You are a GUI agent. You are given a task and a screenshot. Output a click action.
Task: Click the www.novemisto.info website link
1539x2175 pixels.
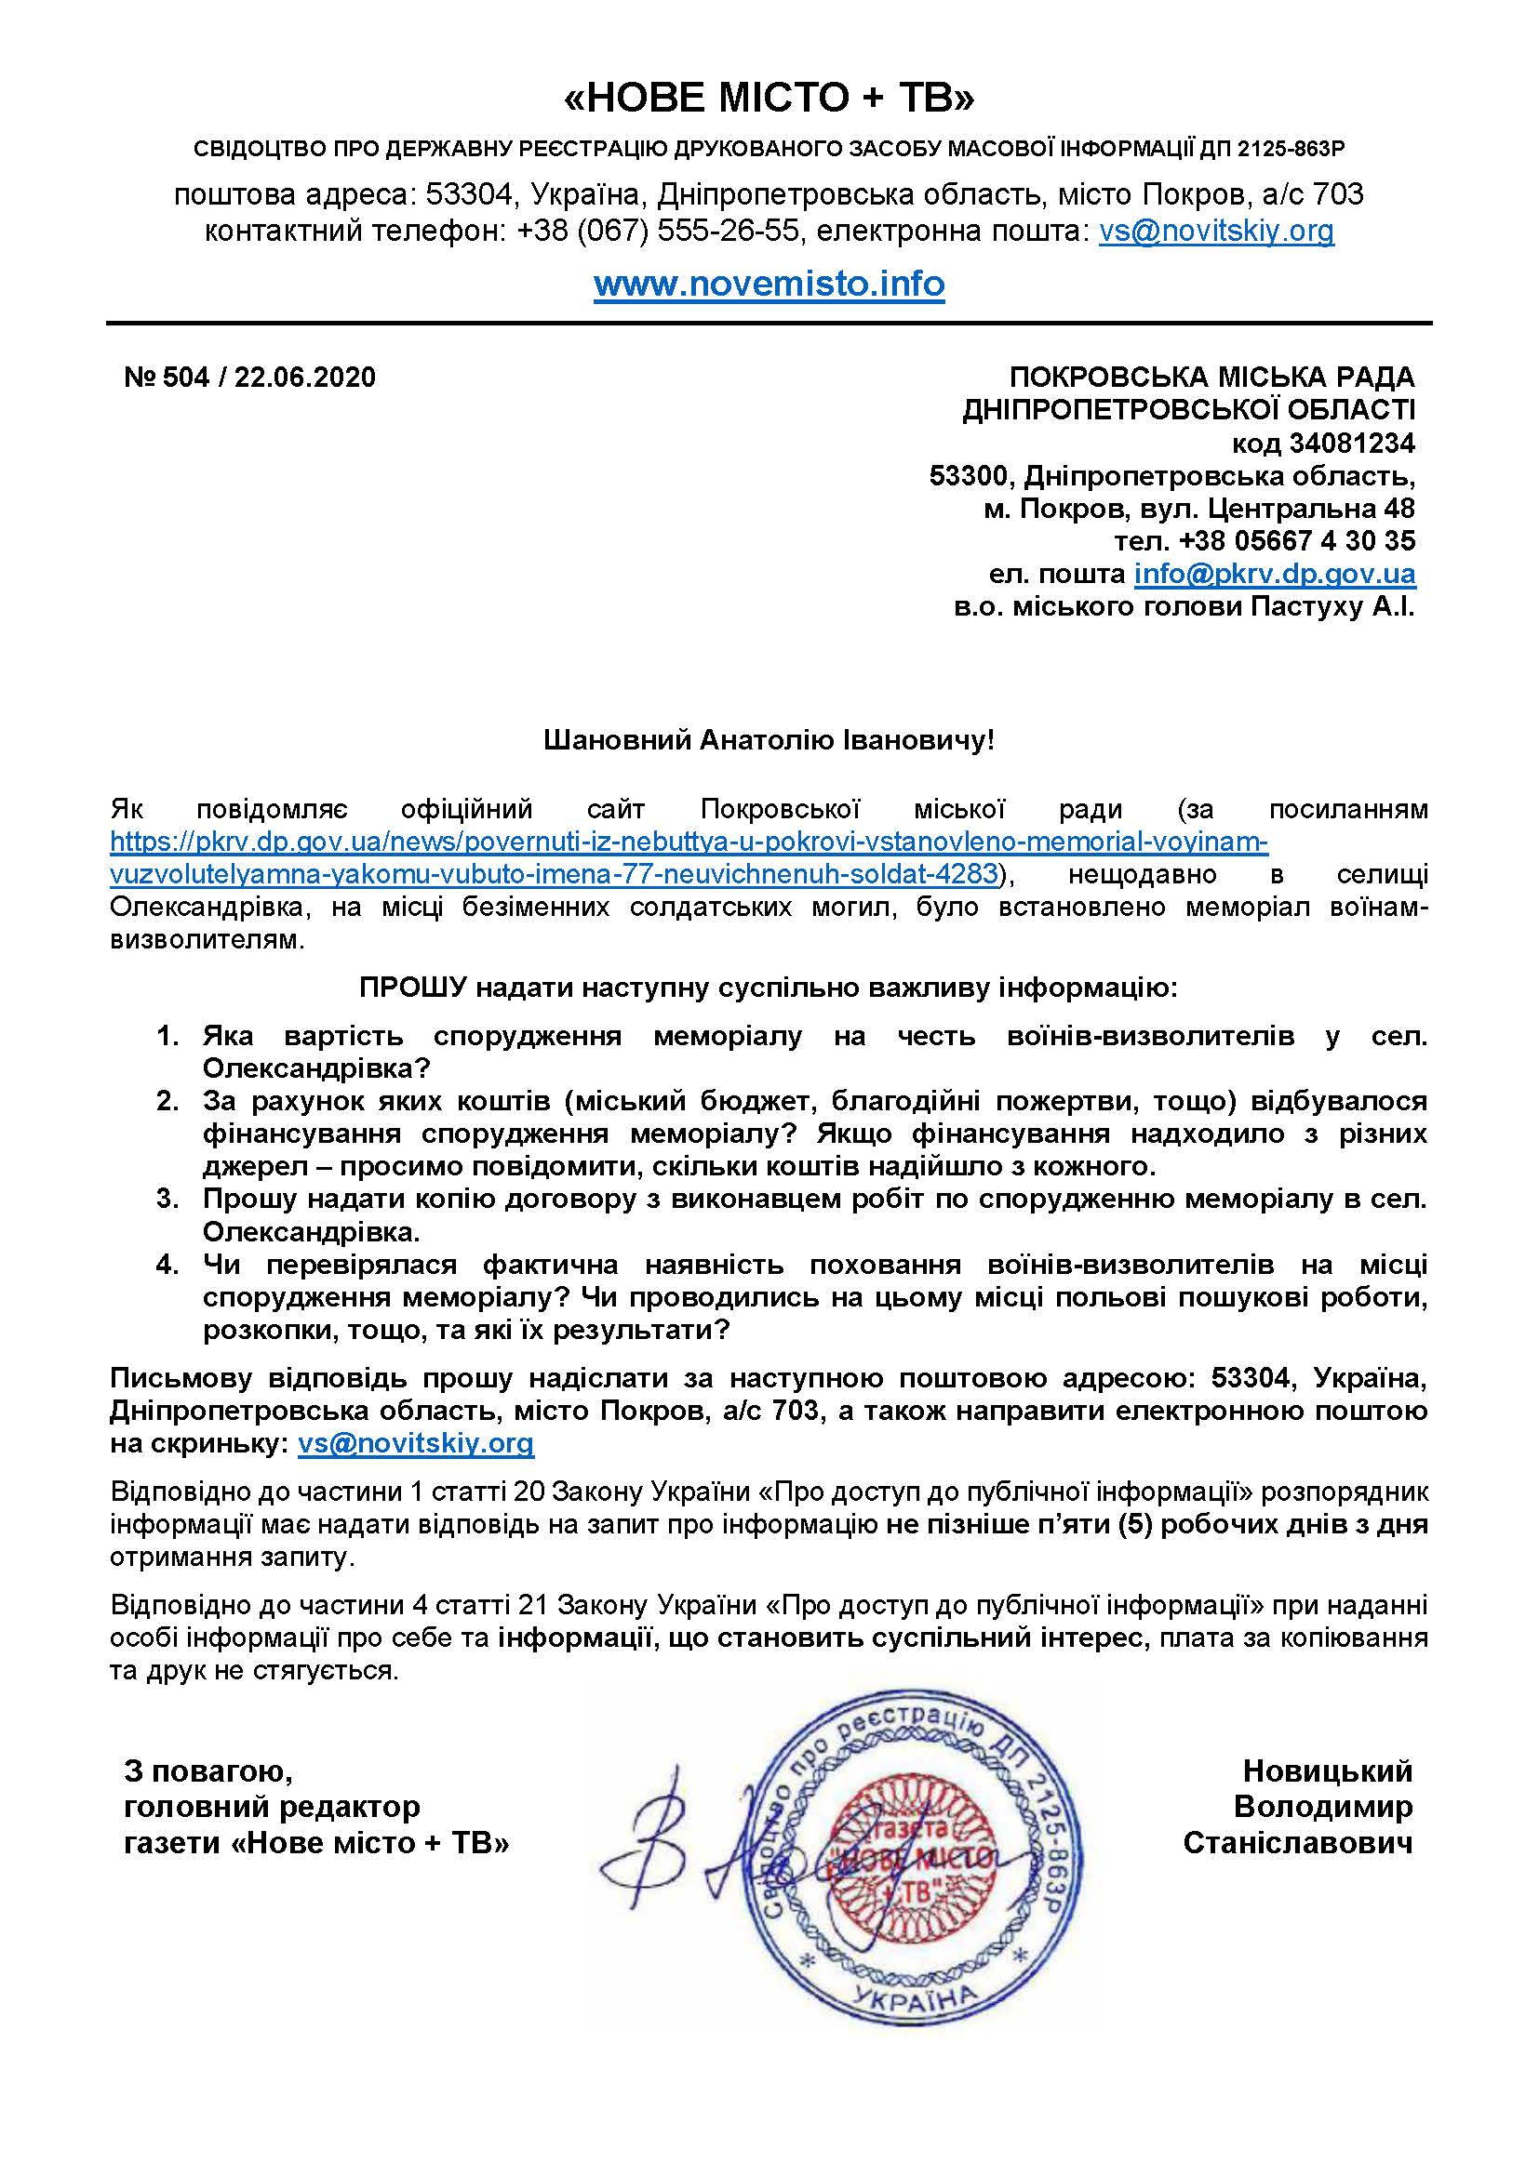(769, 284)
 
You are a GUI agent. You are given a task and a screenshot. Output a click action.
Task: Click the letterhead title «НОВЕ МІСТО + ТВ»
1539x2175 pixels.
(769, 99)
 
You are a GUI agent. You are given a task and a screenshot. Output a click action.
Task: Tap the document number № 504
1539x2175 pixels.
(166, 377)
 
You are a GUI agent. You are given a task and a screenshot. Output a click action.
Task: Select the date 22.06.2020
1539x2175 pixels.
(305, 377)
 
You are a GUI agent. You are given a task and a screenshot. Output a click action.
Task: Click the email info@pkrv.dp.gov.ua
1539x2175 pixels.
(1275, 573)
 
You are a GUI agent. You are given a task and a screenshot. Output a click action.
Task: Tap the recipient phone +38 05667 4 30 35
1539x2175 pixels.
(1296, 541)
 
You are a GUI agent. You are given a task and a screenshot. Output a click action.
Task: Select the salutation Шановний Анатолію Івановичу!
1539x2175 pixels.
(769, 740)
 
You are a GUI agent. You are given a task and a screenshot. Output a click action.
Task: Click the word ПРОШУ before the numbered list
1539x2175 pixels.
(413, 988)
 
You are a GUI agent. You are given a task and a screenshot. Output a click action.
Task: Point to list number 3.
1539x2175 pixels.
(167, 1200)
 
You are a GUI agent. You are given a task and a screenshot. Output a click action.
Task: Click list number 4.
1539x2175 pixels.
(167, 1265)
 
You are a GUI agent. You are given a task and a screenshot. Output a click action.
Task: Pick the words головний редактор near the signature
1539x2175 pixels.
(272, 1807)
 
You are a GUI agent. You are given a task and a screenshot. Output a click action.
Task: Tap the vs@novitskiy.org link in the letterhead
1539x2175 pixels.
(1216, 231)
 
